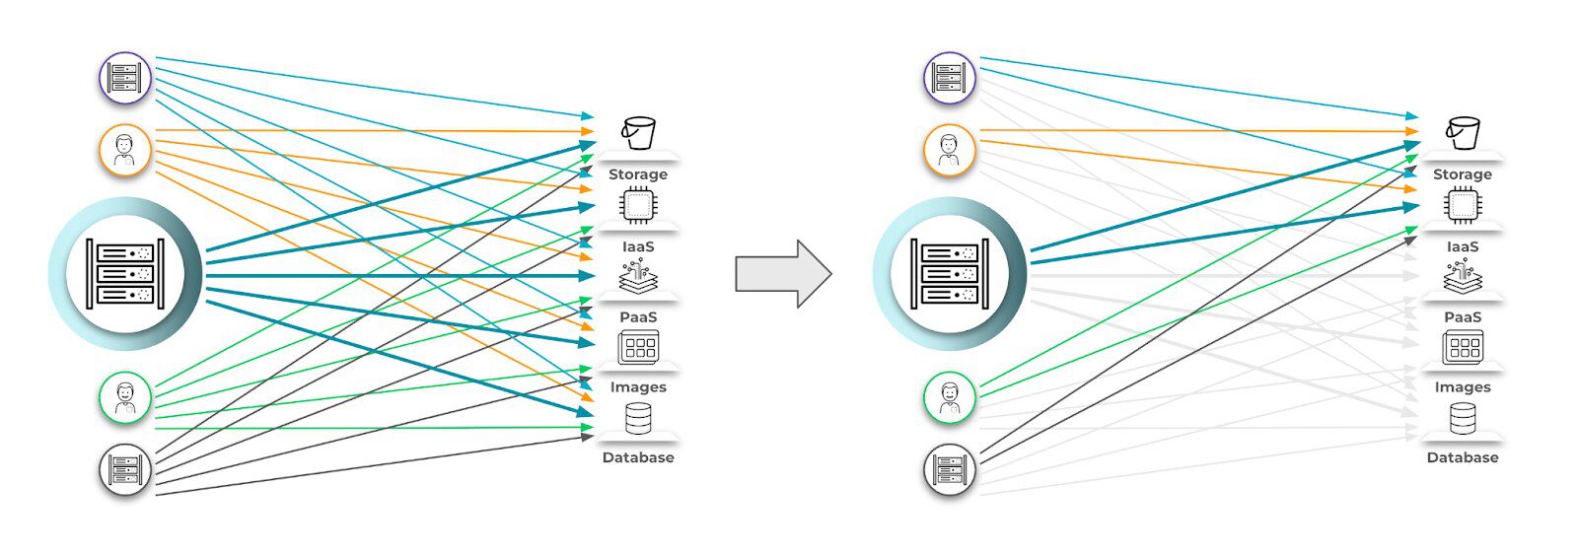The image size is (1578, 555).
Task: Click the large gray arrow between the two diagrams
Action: pyautogui.click(x=782, y=274)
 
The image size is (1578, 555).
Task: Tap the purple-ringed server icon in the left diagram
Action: pyautogui.click(x=125, y=78)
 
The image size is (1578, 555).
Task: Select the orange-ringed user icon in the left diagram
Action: pyautogui.click(x=125, y=150)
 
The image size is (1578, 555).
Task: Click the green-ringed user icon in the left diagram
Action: pyautogui.click(x=125, y=397)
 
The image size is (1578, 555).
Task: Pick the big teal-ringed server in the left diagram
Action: pyautogui.click(x=125, y=274)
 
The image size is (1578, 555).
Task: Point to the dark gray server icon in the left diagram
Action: pyautogui.click(x=125, y=469)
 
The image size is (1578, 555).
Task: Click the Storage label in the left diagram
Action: pyautogui.click(x=637, y=174)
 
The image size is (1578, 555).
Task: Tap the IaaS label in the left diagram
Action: pyautogui.click(x=637, y=246)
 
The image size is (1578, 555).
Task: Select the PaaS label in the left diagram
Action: pyautogui.click(x=637, y=317)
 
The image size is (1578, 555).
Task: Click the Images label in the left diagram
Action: pyautogui.click(x=637, y=387)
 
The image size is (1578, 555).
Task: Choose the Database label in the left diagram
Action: pyautogui.click(x=637, y=457)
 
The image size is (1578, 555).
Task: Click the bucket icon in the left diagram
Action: pyautogui.click(x=638, y=132)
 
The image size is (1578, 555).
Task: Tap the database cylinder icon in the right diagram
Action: pyautogui.click(x=1463, y=419)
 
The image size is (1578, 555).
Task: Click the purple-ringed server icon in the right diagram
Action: pyautogui.click(x=949, y=78)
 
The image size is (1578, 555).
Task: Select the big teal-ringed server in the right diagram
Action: pyautogui.click(x=949, y=274)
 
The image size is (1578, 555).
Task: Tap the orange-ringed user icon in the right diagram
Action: pyautogui.click(x=949, y=150)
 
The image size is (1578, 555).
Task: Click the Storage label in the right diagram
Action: pyautogui.click(x=1462, y=174)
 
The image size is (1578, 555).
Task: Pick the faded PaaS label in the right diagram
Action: pyautogui.click(x=1462, y=317)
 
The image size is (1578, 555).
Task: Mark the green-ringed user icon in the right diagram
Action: pyautogui.click(x=949, y=397)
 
